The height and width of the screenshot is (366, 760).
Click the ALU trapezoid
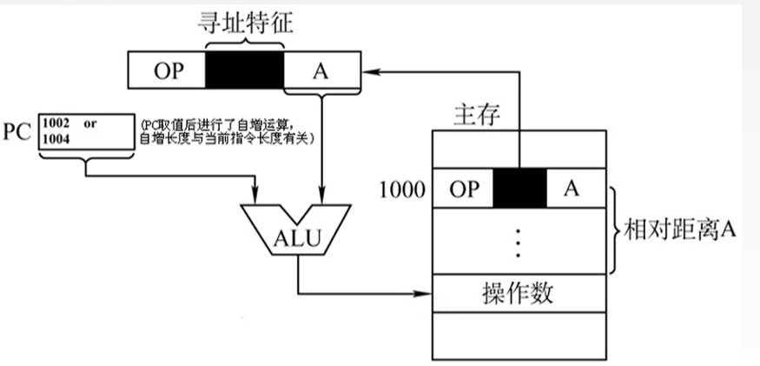(296, 233)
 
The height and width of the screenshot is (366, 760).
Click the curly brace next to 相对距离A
(615, 230)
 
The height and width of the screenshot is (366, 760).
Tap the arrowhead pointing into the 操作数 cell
(426, 293)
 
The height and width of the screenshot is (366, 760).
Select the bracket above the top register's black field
(244, 42)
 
